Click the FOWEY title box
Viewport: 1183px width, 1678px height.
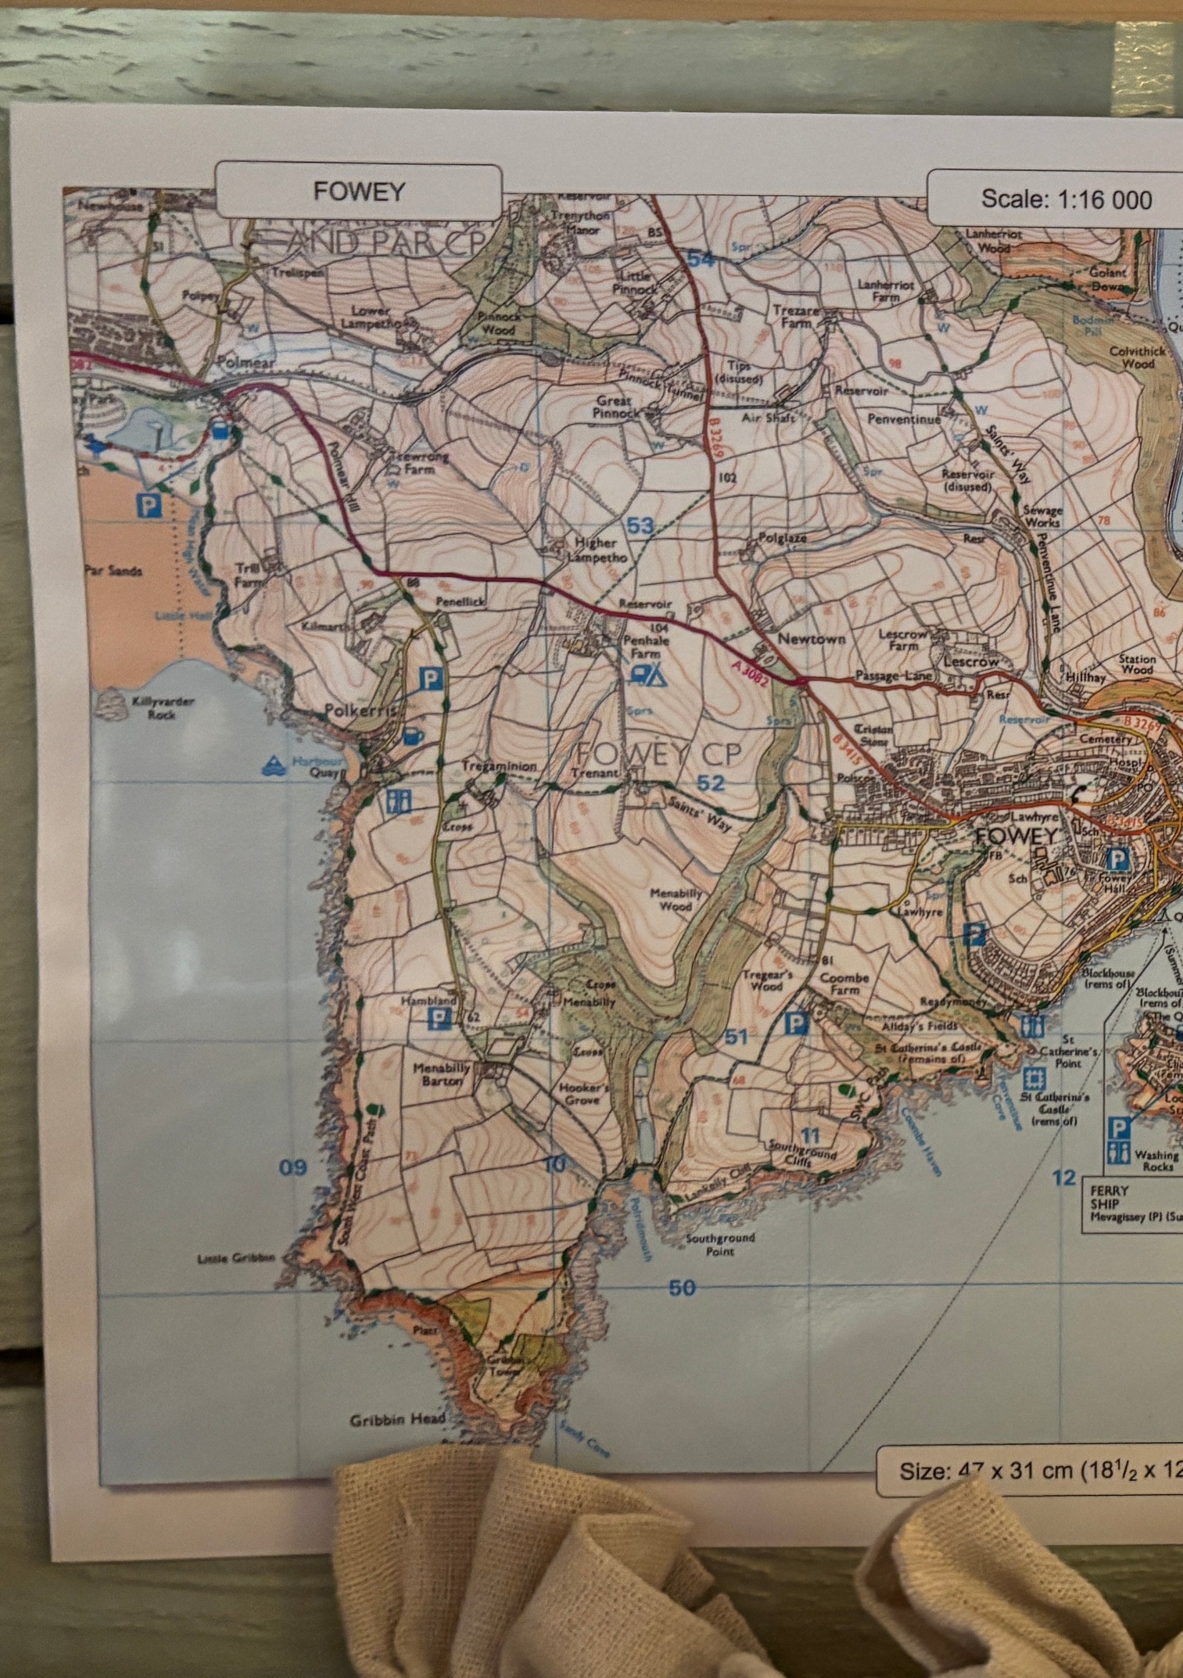358,191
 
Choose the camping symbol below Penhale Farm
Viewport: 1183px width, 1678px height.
647,674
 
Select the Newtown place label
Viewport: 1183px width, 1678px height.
811,639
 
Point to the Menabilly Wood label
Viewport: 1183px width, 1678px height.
676,900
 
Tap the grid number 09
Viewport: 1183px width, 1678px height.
293,1167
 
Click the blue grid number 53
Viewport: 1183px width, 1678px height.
640,525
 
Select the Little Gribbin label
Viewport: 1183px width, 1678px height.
236,1258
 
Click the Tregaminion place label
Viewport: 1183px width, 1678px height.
500,766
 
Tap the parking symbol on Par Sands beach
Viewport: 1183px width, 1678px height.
148,505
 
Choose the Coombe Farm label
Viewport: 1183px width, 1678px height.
844,983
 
